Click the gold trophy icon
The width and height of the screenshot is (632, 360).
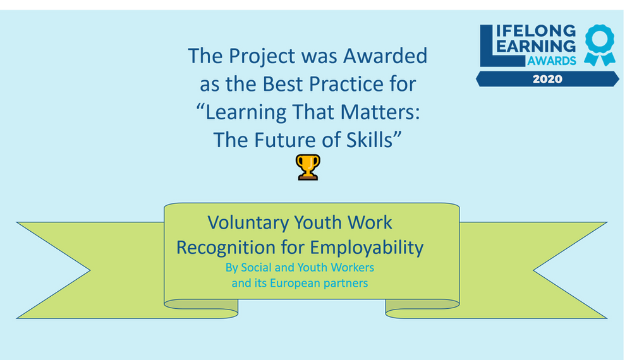tap(308, 167)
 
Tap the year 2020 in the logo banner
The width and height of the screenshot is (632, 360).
tap(547, 79)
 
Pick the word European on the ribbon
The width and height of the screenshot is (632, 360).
tap(296, 283)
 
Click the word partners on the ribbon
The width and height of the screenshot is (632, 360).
tap(346, 283)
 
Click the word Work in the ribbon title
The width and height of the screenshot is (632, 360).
tap(370, 223)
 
